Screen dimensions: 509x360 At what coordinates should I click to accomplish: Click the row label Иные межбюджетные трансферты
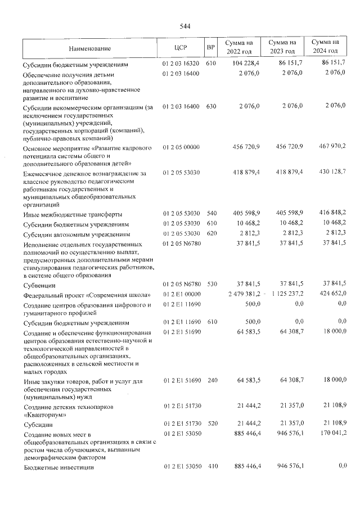pos(64,215)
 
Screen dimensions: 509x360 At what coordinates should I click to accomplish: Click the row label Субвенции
pos(38,285)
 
